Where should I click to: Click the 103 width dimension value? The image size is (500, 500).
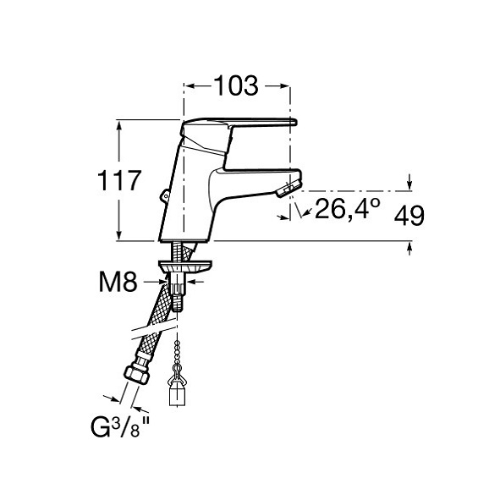236,85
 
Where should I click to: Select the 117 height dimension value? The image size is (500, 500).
119,180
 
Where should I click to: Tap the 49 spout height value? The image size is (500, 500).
409,216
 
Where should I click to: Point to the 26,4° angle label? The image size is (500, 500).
347,209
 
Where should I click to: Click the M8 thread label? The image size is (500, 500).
118,283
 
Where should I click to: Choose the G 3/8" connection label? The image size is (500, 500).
120,427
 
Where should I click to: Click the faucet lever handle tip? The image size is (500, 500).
294,122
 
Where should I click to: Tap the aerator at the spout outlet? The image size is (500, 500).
289,189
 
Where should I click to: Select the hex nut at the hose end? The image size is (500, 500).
136,375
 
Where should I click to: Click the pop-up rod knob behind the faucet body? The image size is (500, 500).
164,195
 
